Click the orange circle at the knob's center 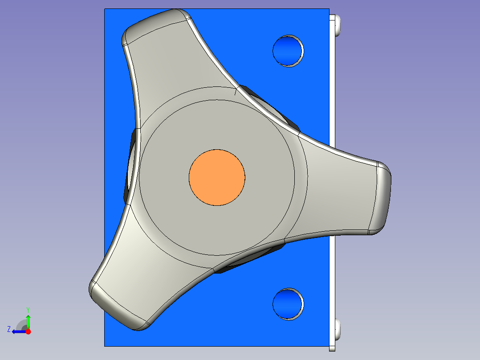point(217,177)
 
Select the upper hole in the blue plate point(288,51)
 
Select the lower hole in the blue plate point(288,304)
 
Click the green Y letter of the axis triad point(28,310)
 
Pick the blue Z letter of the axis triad point(9,329)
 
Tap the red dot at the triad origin point(28,331)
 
